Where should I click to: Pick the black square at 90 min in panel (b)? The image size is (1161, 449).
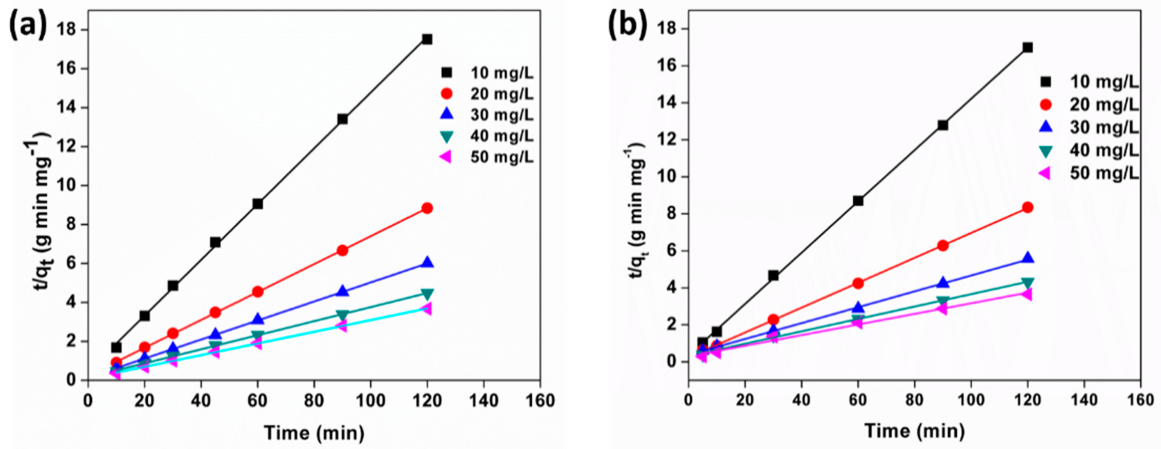[x=942, y=125]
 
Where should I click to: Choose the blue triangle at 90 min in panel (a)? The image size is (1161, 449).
[x=343, y=291]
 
